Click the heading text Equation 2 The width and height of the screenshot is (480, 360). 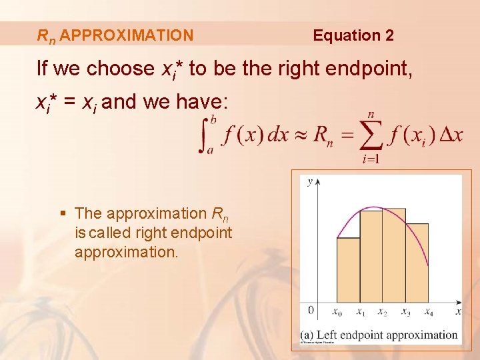point(353,35)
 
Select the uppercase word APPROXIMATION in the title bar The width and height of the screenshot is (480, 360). point(127,35)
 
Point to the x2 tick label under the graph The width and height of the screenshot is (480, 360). point(382,312)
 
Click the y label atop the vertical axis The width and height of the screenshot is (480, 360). point(310,181)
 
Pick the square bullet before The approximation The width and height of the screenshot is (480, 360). point(63,214)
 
